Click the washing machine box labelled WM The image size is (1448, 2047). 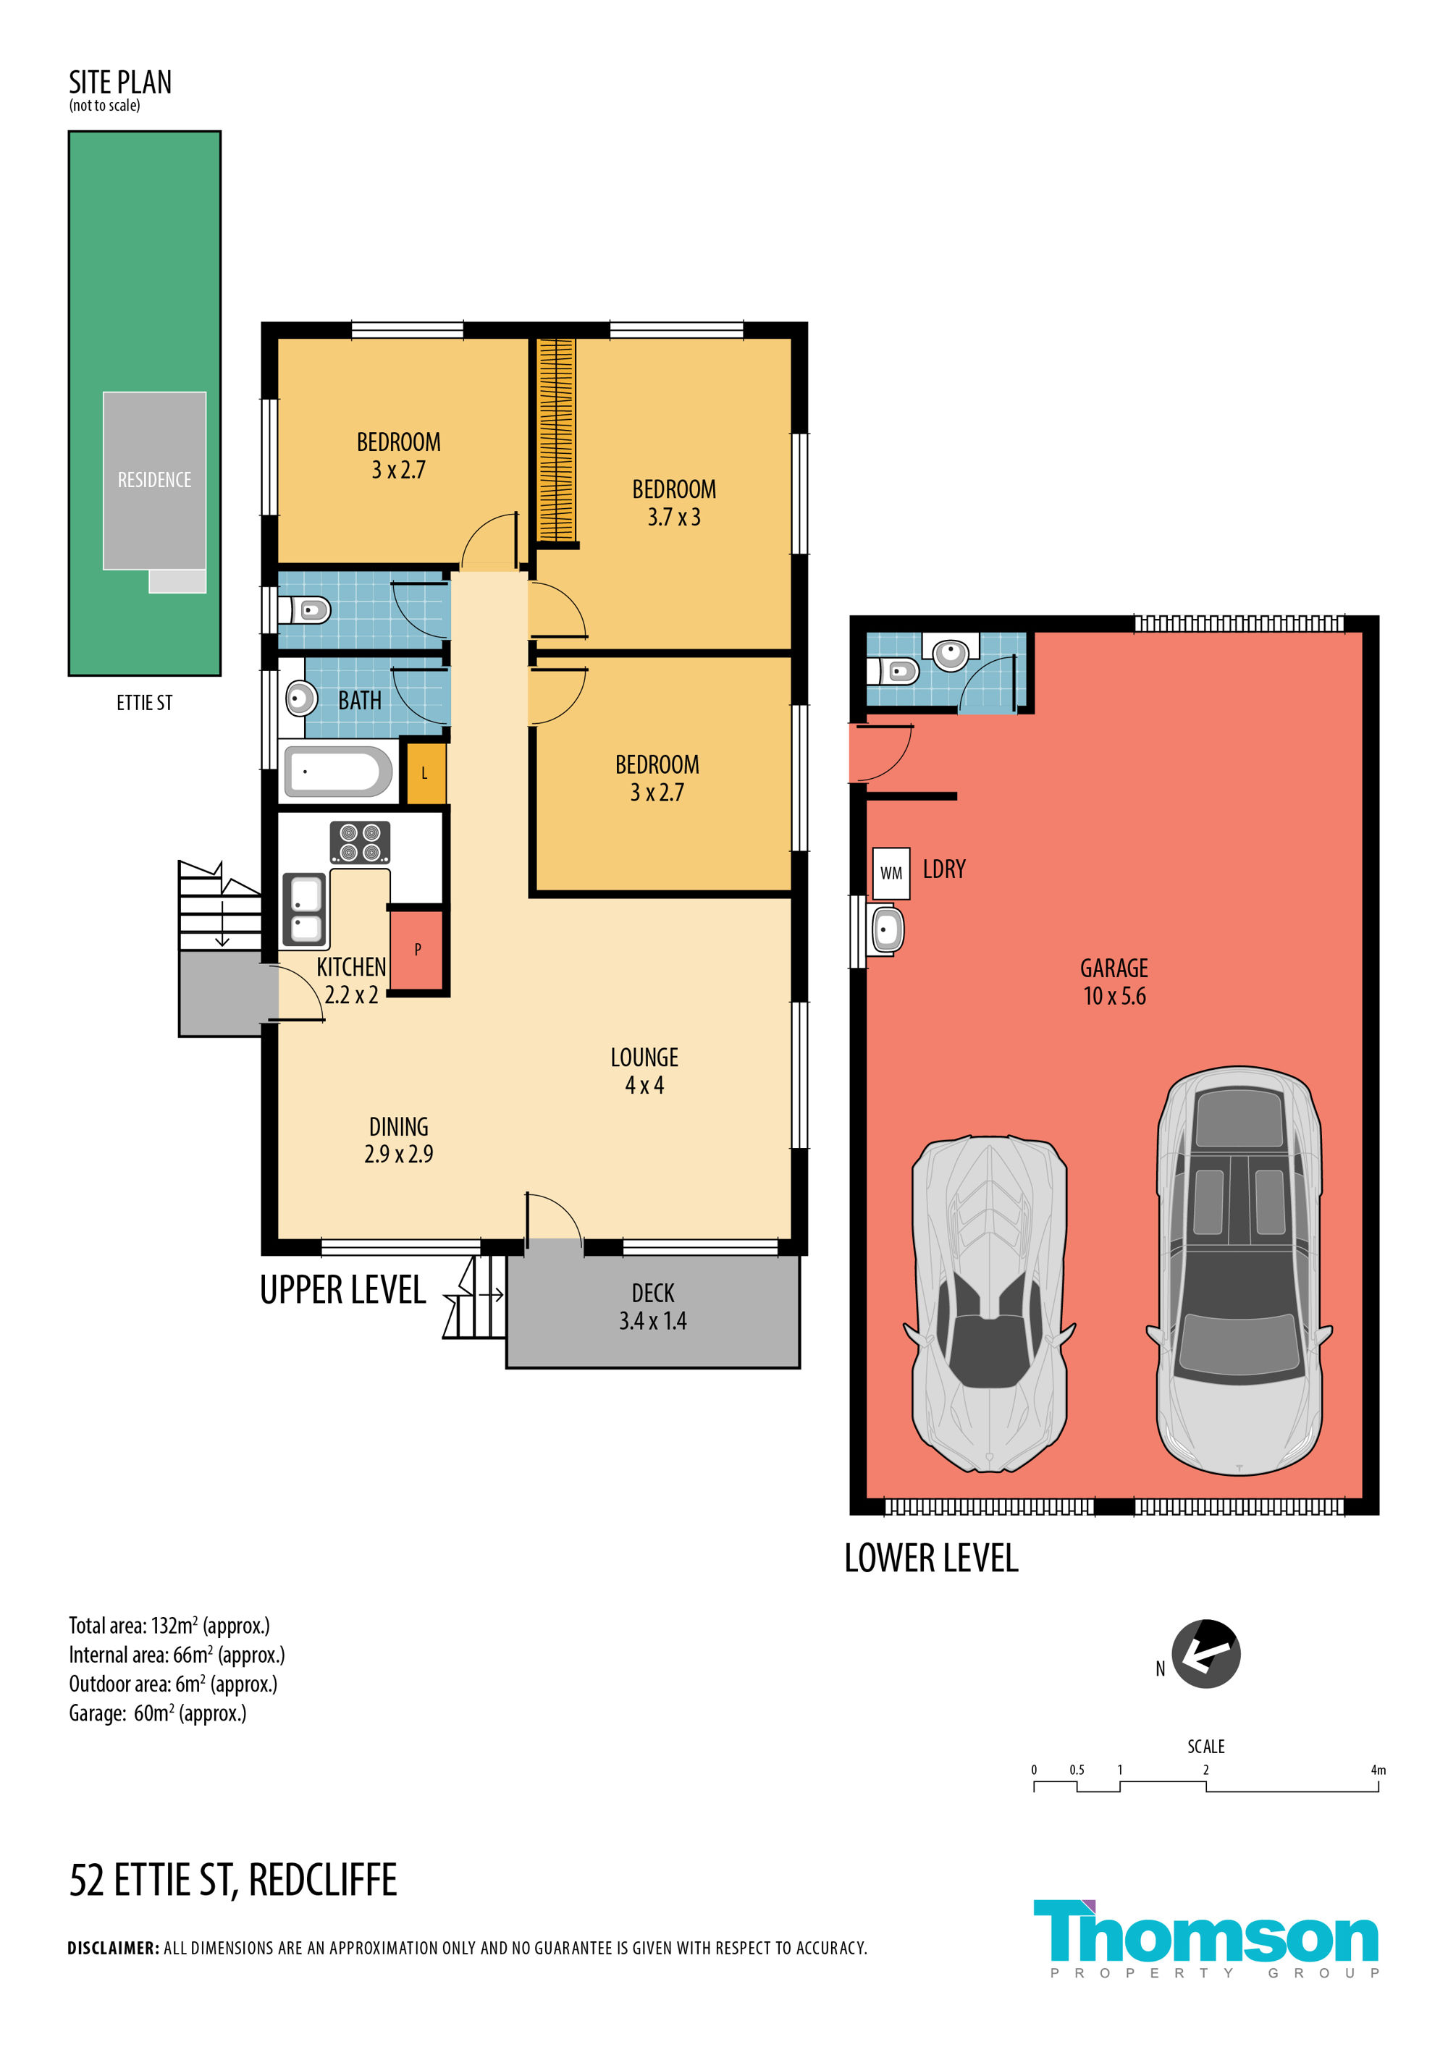click(891, 873)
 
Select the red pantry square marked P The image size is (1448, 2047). click(417, 950)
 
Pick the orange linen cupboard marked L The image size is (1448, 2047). click(424, 773)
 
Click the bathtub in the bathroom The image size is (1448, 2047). click(338, 771)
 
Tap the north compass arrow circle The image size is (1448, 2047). click(1205, 1654)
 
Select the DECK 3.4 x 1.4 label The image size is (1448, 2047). click(652, 1307)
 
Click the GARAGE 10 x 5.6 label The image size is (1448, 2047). click(1114, 982)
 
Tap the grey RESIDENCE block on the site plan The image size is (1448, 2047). click(154, 481)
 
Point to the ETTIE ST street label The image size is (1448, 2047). click(145, 703)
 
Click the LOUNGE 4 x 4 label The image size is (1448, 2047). click(644, 1071)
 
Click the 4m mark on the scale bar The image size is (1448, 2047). click(1378, 1770)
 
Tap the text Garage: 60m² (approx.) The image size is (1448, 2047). click(158, 1713)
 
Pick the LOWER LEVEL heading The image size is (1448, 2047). click(931, 1558)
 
